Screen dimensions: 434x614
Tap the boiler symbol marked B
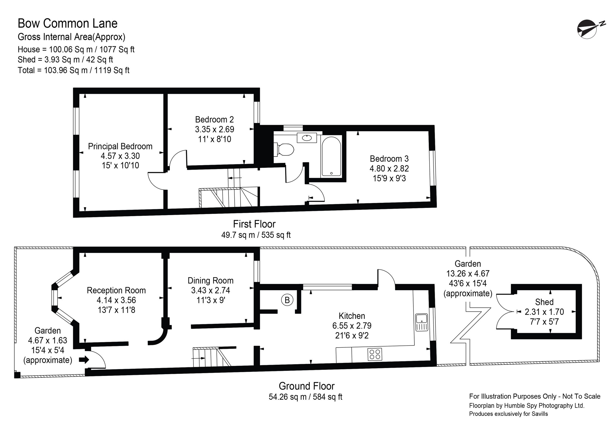287,300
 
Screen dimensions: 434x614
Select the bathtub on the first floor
331,157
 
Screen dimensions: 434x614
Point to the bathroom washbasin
307,138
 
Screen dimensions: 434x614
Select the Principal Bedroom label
120,146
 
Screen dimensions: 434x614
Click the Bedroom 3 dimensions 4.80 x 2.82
389,169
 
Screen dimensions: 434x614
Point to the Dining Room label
211,281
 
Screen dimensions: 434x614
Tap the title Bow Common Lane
68,24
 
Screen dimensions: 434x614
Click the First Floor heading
254,224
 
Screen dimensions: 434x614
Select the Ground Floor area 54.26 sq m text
305,397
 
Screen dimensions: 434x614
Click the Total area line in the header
73,70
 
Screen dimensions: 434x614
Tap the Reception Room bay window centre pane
55,298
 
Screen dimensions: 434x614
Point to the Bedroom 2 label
214,119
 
